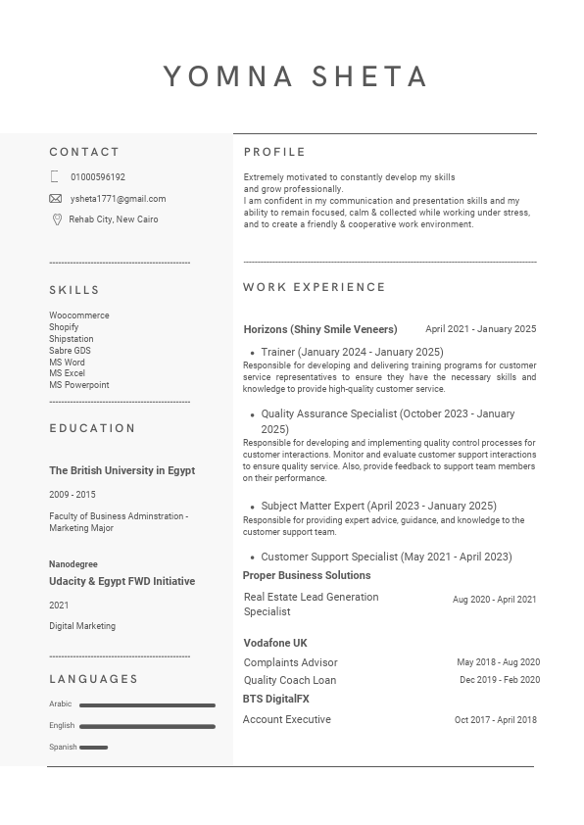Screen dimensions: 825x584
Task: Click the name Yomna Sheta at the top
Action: coord(295,76)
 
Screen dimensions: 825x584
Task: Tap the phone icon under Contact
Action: coord(55,177)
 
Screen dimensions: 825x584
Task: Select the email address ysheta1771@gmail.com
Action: coord(118,199)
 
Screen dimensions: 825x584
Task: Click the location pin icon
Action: coord(56,219)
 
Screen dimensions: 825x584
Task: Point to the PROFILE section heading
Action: coord(274,152)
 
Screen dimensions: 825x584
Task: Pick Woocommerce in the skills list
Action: coord(79,315)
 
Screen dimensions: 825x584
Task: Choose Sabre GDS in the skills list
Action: coord(70,351)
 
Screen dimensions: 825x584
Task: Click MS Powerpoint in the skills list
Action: coord(79,385)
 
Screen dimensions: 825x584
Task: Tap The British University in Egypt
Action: coord(122,470)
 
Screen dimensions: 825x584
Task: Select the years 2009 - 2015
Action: coord(73,495)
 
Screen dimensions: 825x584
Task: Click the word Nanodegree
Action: coord(73,564)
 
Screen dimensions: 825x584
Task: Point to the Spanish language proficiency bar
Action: coord(93,747)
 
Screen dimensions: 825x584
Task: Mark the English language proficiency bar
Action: coord(147,726)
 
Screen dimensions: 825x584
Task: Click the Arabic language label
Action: coord(61,704)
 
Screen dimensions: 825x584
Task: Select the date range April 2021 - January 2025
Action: coord(480,329)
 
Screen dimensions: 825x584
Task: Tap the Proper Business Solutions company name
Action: coord(307,575)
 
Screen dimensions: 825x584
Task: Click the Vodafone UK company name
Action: coord(275,643)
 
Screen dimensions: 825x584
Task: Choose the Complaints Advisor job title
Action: coord(290,662)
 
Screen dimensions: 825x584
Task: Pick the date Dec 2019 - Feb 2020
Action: coord(500,680)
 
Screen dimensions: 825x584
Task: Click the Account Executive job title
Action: coord(287,719)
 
